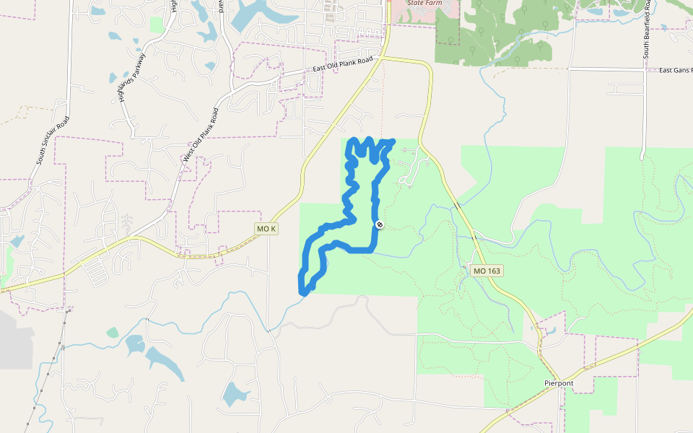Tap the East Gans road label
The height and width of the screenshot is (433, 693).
point(676,70)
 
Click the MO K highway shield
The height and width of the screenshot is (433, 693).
point(266,229)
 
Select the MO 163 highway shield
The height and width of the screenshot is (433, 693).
point(487,271)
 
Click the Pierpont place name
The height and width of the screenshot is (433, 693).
point(559,382)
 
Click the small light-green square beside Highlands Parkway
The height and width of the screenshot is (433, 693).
point(157,25)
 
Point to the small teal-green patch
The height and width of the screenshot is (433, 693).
point(112,332)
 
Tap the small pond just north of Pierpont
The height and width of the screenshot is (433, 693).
point(550,331)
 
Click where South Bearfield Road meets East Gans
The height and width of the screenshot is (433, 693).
point(642,70)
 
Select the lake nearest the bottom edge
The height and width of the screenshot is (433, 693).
point(235,393)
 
